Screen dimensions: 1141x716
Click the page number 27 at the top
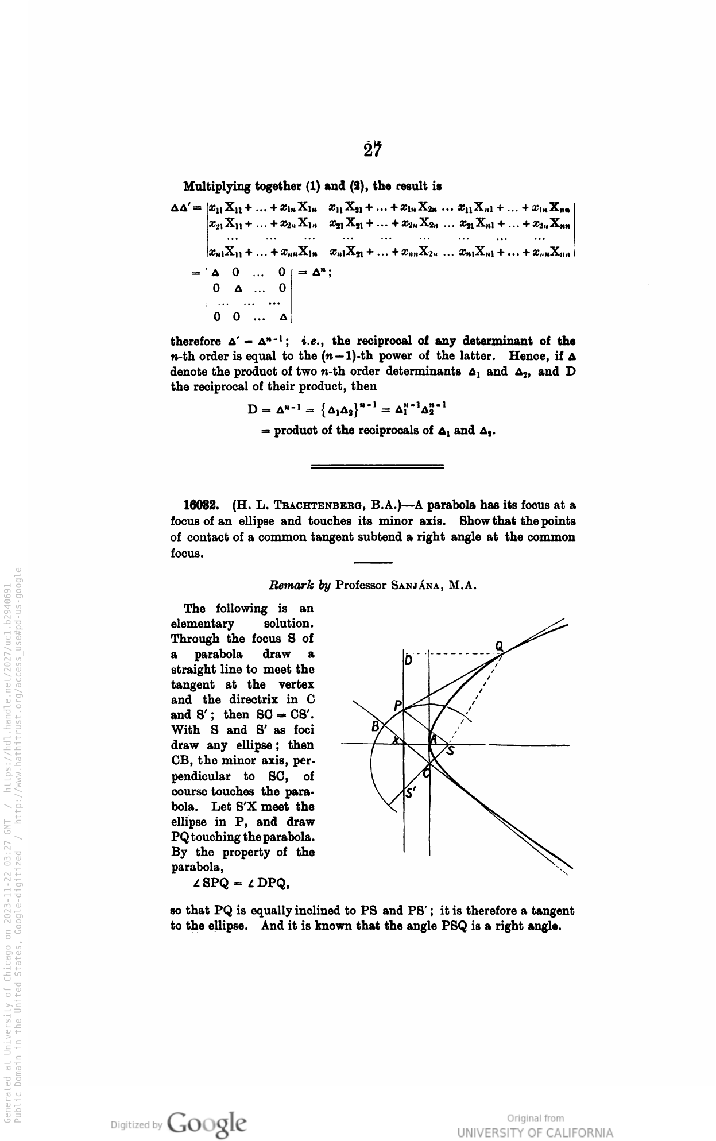(373, 149)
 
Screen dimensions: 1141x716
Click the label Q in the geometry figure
(499, 646)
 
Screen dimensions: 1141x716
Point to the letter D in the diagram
(408, 660)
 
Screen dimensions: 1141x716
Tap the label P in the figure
(398, 706)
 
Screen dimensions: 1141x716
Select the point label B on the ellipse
(376, 726)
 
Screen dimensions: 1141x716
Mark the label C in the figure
(426, 773)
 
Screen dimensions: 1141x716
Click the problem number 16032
(199, 505)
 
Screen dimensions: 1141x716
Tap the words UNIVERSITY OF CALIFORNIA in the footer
(535, 1132)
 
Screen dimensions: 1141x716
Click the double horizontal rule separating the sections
(377, 466)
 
